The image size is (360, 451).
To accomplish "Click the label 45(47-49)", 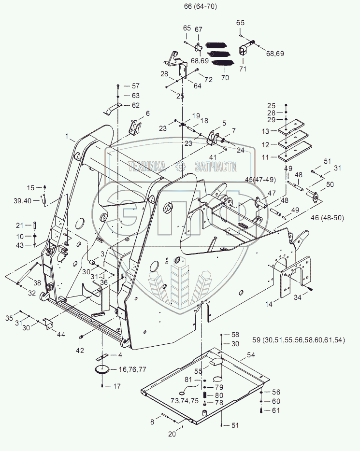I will click(x=260, y=180).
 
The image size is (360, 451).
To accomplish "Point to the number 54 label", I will click(x=251, y=354).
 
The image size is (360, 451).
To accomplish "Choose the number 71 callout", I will click(x=243, y=70).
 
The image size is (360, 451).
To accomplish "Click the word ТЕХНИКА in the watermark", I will click(x=146, y=167).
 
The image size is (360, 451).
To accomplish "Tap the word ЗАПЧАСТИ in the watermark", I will click(x=216, y=167).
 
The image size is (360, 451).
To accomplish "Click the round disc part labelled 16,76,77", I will click(x=102, y=370).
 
